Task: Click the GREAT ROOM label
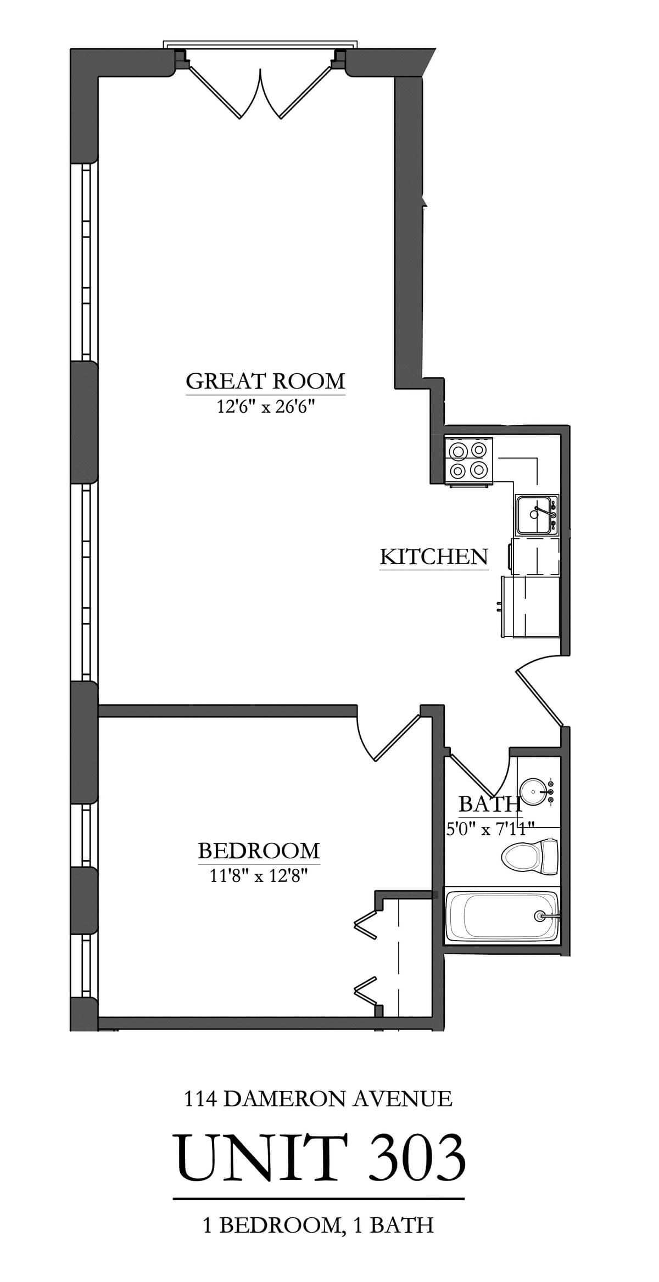click(x=265, y=381)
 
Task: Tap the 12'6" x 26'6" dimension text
click(x=265, y=407)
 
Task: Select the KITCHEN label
click(x=434, y=557)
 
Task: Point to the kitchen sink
click(x=535, y=514)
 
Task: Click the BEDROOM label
click(x=259, y=851)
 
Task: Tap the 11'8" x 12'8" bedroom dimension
click(x=258, y=876)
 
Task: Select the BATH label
click(x=489, y=804)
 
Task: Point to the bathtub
click(x=502, y=915)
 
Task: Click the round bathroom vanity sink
click(x=532, y=791)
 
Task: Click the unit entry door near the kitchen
click(x=539, y=694)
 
